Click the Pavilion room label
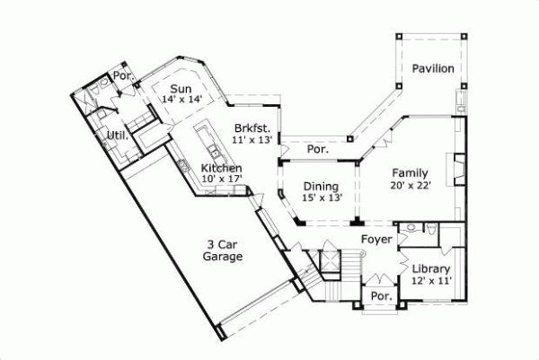pyautogui.click(x=432, y=69)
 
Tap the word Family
pyautogui.click(x=409, y=173)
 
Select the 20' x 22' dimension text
pyautogui.click(x=410, y=186)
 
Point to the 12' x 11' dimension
pyautogui.click(x=430, y=281)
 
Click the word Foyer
pyautogui.click(x=376, y=240)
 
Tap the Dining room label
pyautogui.click(x=319, y=186)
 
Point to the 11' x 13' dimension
pyautogui.click(x=251, y=140)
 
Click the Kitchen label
pyautogui.click(x=221, y=168)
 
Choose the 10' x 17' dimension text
pyautogui.click(x=221, y=180)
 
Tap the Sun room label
pyautogui.click(x=181, y=87)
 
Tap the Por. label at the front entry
pyautogui.click(x=380, y=295)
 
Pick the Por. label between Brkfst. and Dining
pyautogui.click(x=317, y=150)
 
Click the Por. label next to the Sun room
pyautogui.click(x=121, y=76)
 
